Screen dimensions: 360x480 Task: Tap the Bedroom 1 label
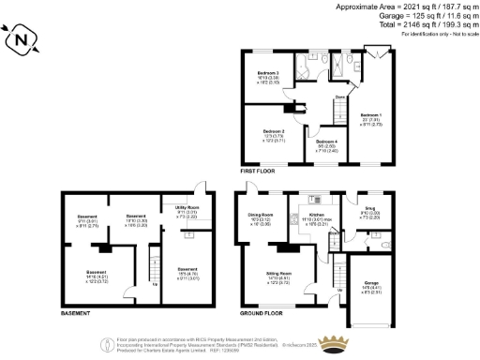[370, 115]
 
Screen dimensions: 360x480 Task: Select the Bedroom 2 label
[273, 130]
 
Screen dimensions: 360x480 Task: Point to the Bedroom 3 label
[269, 72]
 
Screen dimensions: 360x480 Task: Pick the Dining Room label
[260, 214]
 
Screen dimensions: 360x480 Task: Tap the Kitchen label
[315, 215]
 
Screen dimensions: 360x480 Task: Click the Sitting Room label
[279, 273]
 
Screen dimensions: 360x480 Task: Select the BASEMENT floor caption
[75, 312]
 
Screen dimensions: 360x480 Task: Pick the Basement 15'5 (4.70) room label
[187, 273]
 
